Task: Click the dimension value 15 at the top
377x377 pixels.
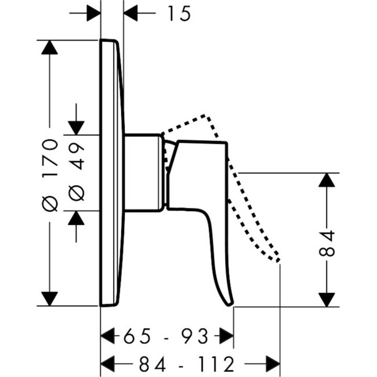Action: point(179,13)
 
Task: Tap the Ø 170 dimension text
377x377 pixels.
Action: point(51,174)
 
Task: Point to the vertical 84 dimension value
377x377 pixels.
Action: point(328,243)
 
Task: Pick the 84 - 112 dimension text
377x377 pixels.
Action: point(187,364)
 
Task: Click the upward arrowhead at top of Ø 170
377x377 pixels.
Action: point(50,48)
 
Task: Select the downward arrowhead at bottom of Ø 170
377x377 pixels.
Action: point(50,298)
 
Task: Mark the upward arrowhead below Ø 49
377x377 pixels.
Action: point(76,218)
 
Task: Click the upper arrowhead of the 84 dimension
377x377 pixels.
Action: point(327,180)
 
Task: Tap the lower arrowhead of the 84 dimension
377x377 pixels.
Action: point(327,299)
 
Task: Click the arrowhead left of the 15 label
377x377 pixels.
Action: point(93,13)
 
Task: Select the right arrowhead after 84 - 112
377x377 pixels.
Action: point(273,364)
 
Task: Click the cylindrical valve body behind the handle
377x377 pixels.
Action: point(143,172)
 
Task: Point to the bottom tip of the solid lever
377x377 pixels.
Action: point(231,302)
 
